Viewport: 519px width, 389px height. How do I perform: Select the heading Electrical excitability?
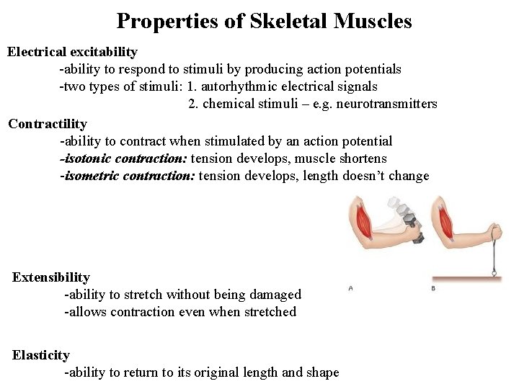[72, 53]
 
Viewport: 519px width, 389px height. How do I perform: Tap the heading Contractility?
[48, 124]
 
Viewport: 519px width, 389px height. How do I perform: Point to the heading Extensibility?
[51, 277]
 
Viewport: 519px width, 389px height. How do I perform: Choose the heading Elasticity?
[41, 355]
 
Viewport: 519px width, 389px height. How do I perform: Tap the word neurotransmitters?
[386, 104]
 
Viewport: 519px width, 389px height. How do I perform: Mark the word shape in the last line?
[322, 372]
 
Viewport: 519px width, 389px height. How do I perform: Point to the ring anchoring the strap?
[494, 273]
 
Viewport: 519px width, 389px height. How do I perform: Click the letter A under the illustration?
[350, 288]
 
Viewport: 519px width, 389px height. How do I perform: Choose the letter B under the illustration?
[432, 288]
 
